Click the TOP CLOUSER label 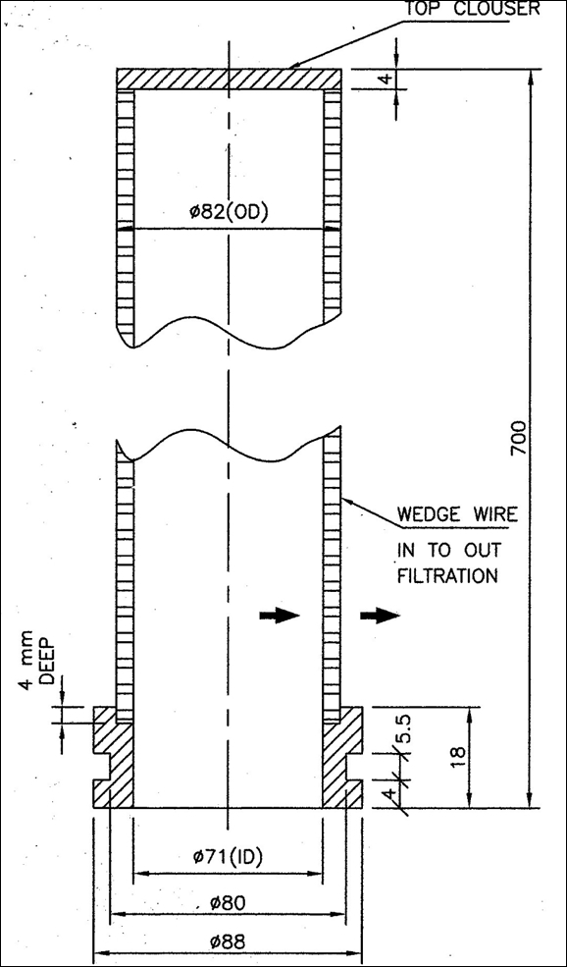(472, 9)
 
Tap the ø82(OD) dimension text (230, 213)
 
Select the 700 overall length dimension (519, 439)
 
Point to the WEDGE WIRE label (457, 513)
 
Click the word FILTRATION (446, 576)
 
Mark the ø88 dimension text (228, 941)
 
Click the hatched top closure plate (229, 79)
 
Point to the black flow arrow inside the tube (280, 615)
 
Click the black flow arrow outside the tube (380, 615)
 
